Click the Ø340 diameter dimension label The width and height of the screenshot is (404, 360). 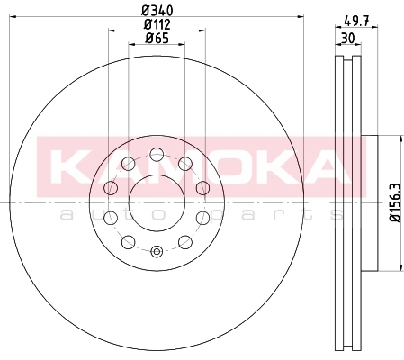157,11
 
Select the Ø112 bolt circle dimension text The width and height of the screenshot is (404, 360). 157,24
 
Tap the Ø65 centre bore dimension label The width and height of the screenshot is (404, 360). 157,38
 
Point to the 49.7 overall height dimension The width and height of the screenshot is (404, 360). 356,21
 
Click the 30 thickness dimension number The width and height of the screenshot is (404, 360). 348,38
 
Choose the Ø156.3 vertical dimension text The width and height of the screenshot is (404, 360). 395,202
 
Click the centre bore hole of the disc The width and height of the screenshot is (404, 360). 157,203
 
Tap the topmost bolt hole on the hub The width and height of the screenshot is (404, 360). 157,155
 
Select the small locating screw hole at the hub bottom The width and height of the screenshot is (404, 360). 157,251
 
